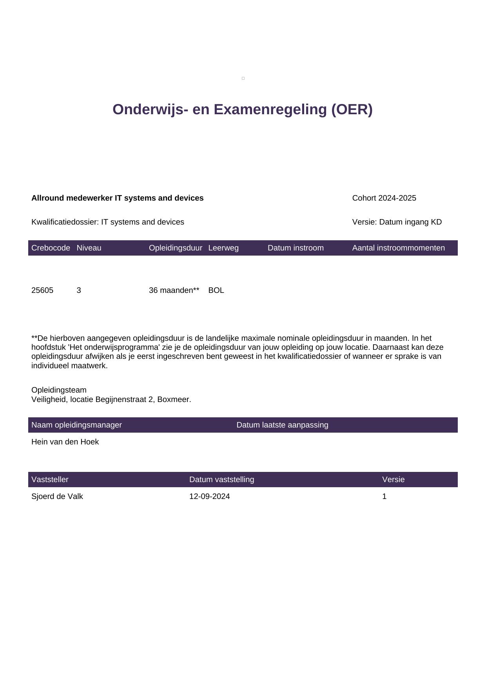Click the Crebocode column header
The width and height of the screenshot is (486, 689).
tap(51, 248)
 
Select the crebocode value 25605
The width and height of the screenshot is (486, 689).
tap(42, 291)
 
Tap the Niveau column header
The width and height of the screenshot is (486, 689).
tap(89, 248)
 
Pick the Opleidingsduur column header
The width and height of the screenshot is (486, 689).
tap(176, 248)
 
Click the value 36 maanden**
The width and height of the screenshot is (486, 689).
tap(174, 291)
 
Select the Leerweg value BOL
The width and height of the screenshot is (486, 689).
tap(216, 291)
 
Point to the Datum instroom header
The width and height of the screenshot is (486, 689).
tap(296, 248)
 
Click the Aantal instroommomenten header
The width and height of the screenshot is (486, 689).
tap(398, 248)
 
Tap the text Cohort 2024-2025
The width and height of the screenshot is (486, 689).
tap(384, 198)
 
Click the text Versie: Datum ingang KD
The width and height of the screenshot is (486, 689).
tap(397, 222)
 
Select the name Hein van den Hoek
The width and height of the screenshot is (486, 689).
tap(65, 442)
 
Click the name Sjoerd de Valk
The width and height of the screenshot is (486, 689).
tap(57, 497)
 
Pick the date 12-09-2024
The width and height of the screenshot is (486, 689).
tap(209, 497)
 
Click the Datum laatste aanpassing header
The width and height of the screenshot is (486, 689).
tap(282, 425)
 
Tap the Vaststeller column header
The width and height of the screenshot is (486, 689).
tap(50, 480)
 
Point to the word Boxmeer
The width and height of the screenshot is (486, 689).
tap(174, 400)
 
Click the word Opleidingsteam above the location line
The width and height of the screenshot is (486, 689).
tap(59, 390)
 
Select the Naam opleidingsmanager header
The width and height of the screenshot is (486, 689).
tap(76, 425)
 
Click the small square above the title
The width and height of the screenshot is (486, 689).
tap(243, 79)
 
